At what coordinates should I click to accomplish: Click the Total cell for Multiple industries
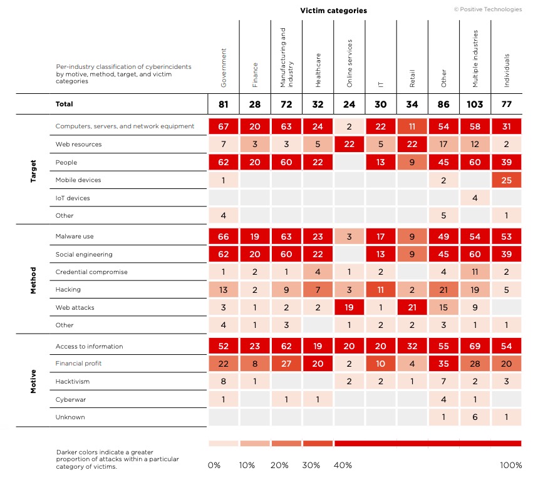(x=475, y=104)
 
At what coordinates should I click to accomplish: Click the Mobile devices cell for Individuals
(x=507, y=180)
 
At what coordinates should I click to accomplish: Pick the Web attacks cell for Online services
(x=349, y=307)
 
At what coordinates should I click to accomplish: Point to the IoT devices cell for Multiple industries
(x=475, y=198)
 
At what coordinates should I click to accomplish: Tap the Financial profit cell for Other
(x=443, y=364)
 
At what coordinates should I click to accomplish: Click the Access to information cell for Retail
(x=412, y=346)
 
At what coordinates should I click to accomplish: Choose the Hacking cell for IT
(x=381, y=290)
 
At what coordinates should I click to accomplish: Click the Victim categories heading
(x=333, y=11)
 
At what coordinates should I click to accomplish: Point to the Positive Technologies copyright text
(x=487, y=9)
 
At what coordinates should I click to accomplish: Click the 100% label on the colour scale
(x=510, y=465)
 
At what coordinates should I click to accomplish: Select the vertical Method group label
(x=34, y=280)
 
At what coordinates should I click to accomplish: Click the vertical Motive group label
(x=34, y=382)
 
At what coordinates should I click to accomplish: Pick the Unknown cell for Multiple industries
(x=475, y=417)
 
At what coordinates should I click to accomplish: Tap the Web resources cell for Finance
(x=255, y=145)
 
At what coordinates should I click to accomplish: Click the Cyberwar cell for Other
(x=443, y=399)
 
